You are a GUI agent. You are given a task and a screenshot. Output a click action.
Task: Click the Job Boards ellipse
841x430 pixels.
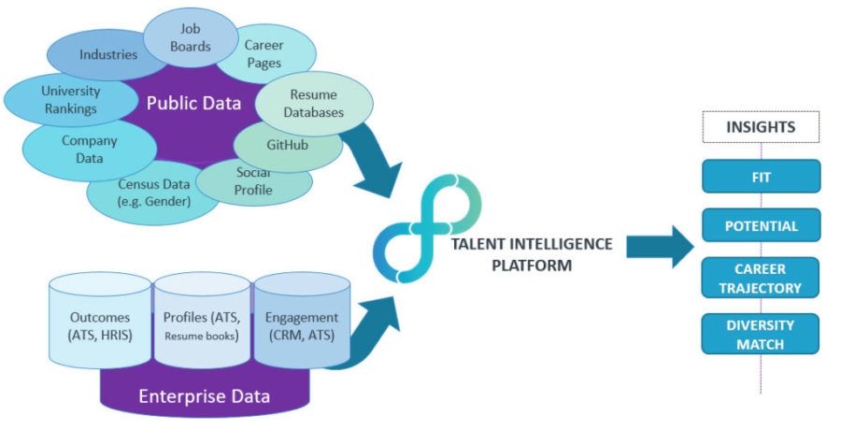[191, 36]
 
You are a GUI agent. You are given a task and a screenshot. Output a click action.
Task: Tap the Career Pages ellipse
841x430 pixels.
[264, 52]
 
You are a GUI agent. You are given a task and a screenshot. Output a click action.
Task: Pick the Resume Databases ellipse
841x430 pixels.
[316, 104]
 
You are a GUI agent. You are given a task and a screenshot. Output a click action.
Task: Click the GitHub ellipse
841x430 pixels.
[279, 145]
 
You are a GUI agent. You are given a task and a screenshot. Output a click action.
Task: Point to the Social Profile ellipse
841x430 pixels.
[254, 181]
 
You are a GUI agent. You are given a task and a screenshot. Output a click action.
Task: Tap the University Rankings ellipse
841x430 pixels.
[68, 100]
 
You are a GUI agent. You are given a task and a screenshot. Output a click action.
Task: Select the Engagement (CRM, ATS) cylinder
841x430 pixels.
[300, 322]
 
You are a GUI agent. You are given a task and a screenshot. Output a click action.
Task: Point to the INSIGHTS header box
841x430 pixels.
[761, 126]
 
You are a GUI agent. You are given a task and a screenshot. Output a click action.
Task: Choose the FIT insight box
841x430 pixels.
[761, 176]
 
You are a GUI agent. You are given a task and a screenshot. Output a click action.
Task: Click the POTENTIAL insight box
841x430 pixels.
[761, 226]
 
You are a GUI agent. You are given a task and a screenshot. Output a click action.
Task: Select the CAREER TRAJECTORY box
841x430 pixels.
[761, 278]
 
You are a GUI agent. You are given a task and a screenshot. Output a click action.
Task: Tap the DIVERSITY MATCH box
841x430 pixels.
[761, 334]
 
